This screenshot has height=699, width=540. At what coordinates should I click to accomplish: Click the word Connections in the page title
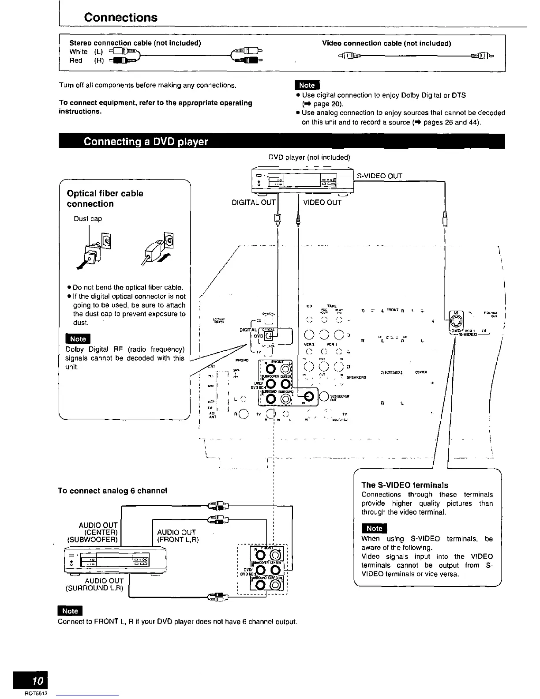(120, 18)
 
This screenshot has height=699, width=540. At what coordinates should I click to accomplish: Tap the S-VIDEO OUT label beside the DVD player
(379, 176)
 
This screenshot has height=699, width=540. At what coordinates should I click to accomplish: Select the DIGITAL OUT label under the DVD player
(253, 203)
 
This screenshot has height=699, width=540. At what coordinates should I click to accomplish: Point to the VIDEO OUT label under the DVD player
(322, 203)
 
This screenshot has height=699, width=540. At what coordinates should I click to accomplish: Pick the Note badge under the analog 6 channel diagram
(70, 611)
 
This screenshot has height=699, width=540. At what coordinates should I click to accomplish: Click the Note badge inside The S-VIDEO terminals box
(374, 528)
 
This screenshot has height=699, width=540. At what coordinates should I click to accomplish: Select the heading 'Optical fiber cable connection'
(105, 199)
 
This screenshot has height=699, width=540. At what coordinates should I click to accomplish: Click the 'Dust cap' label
(88, 218)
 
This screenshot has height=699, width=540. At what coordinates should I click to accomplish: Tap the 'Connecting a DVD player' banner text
(146, 142)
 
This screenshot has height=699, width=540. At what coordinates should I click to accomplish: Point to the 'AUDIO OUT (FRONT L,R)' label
(176, 536)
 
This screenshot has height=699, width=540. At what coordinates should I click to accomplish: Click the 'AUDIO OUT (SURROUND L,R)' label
(94, 584)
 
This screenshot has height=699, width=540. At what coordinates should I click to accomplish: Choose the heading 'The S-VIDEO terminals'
(405, 485)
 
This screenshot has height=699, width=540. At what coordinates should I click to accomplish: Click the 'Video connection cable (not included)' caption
(386, 43)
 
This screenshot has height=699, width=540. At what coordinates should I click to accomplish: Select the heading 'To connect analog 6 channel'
(112, 491)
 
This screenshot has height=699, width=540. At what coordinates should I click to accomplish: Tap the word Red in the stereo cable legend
(76, 60)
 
